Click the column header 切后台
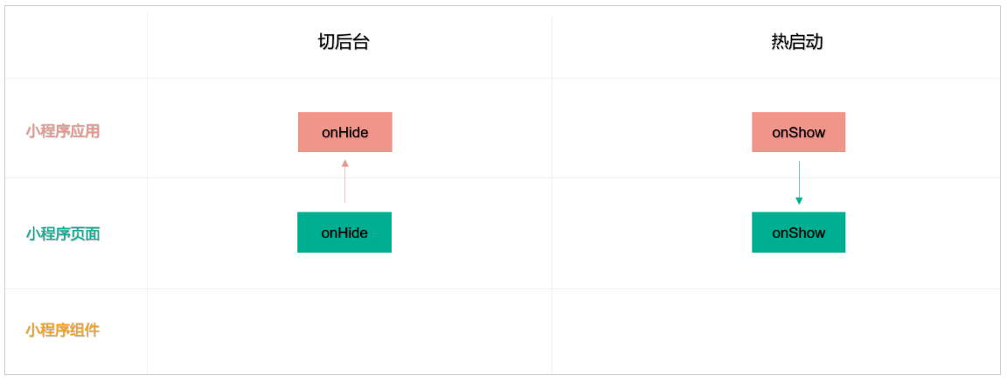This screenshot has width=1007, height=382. [x=344, y=42]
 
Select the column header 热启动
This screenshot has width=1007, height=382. [x=796, y=42]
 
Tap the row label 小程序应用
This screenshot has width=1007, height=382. [x=63, y=131]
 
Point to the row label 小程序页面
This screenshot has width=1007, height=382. [x=63, y=233]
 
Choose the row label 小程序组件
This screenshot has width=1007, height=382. [x=63, y=330]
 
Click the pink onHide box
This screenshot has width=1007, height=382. [x=344, y=132]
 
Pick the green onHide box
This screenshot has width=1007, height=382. [x=344, y=233]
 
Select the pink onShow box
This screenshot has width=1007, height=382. [x=798, y=132]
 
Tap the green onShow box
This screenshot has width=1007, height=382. [x=798, y=233]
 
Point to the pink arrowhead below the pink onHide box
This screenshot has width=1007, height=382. [x=344, y=163]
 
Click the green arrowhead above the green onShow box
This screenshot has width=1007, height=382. [x=799, y=201]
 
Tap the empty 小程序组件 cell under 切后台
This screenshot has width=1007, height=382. [x=349, y=331]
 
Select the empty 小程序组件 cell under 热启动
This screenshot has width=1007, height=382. [x=775, y=331]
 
